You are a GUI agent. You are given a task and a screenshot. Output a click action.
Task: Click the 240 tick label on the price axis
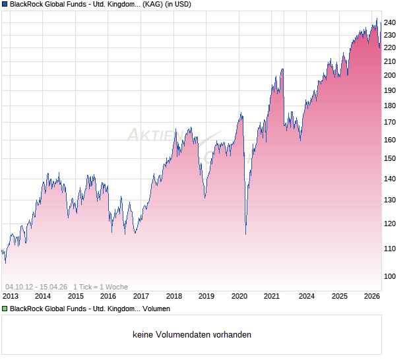tap(390, 22)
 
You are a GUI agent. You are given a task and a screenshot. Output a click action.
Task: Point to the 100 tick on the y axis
tap(390, 276)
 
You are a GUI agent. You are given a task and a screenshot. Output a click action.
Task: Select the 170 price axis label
tap(390, 122)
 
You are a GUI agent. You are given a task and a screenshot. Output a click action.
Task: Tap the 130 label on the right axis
tap(390, 200)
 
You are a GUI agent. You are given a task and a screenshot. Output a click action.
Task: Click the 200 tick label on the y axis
tap(390, 75)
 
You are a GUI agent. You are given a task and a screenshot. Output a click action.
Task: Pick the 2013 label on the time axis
tap(10, 297)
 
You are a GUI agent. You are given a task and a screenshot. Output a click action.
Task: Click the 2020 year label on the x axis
tap(239, 297)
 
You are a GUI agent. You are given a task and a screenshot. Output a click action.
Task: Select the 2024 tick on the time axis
tap(306, 297)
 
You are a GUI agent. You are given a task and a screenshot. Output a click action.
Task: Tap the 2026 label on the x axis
tap(372, 297)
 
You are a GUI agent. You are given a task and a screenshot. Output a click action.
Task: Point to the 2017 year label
tap(141, 297)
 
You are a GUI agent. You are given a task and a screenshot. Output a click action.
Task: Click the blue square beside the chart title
tap(5, 5)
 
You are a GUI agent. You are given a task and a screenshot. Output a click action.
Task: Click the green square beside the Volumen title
tap(5, 309)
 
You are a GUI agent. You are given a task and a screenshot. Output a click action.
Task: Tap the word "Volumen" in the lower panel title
tap(156, 309)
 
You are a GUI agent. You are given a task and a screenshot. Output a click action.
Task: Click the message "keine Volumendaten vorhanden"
tap(192, 335)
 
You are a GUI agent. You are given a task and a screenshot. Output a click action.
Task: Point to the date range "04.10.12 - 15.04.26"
tap(36, 287)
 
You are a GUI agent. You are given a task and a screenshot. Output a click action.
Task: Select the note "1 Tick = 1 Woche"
tap(100, 287)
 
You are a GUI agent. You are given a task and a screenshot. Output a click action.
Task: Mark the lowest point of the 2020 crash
tap(245, 234)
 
